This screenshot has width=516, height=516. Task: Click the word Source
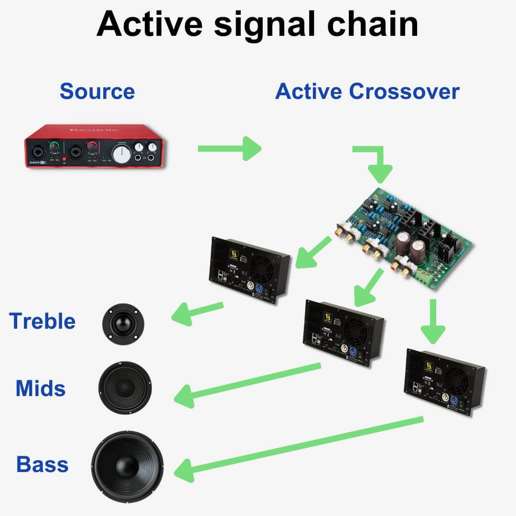click(97, 91)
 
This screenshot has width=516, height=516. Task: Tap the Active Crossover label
click(367, 91)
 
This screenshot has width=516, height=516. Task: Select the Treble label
click(42, 321)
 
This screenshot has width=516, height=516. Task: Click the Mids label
click(41, 388)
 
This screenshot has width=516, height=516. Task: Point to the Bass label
click(42, 464)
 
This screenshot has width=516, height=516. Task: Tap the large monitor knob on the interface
click(122, 153)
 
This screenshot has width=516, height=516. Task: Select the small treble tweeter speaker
click(123, 324)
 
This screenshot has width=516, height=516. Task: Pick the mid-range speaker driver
click(125, 387)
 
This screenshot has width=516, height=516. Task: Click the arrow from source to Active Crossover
click(229, 148)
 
